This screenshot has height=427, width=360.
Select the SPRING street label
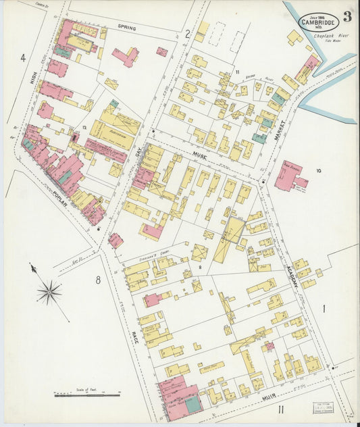click(126, 28)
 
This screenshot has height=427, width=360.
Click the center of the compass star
click(49, 292)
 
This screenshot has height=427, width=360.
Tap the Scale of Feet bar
click(86, 395)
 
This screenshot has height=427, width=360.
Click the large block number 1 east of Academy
click(324, 309)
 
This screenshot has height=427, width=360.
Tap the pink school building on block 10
click(288, 176)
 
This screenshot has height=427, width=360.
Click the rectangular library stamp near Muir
click(322, 407)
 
